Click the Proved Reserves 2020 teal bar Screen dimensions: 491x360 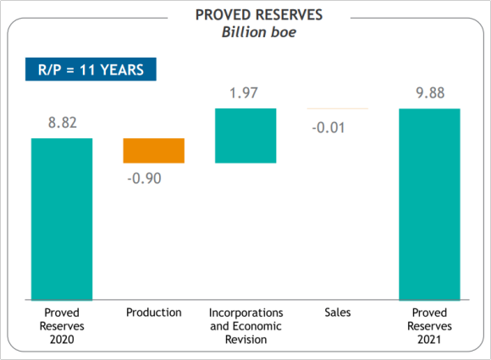62,219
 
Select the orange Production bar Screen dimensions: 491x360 154,151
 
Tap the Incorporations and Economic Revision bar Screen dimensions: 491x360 245,136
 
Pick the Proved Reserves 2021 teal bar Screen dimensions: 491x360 429,204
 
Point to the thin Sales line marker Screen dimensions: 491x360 338,108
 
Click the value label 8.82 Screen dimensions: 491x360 63,123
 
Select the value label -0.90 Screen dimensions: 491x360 145,178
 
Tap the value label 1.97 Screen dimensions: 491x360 244,93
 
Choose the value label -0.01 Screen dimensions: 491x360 328,128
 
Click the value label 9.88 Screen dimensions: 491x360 430,93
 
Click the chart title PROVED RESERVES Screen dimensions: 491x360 259,14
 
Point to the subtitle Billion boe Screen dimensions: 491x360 259,32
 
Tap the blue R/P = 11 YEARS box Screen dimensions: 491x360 91,69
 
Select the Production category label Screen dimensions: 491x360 154,313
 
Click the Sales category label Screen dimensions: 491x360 338,313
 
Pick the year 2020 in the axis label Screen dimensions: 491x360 62,340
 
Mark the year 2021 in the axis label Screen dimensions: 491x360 429,340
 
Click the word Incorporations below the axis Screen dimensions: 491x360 245,313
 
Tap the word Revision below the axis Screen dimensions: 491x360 245,340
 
